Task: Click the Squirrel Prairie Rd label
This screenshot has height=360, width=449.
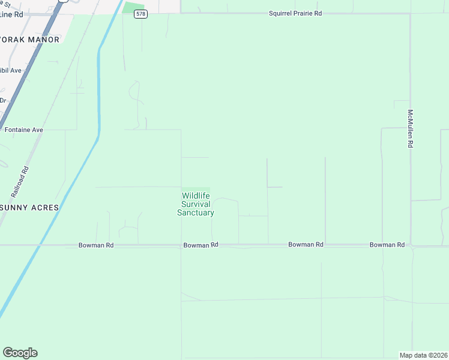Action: point(295,13)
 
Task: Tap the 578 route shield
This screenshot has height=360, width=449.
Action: point(140,14)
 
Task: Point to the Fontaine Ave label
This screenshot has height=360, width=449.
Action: point(23,130)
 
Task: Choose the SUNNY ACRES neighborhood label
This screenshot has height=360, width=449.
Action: point(30,208)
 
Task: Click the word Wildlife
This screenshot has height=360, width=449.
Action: point(196,196)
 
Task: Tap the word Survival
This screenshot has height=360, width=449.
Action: point(196,204)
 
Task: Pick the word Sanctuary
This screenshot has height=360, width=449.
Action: point(196,212)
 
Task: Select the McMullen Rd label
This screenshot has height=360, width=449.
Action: point(411,128)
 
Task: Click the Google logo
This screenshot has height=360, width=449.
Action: point(20,353)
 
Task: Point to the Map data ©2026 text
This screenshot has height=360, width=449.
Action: point(423,355)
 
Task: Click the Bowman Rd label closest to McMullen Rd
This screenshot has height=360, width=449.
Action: point(387,245)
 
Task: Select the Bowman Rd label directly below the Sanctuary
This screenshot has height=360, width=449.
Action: point(200,245)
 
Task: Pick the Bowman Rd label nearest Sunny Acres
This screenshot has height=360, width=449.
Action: point(96,245)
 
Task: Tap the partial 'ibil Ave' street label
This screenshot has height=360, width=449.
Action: point(11,70)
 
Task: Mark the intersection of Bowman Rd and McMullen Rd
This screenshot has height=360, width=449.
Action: point(411,245)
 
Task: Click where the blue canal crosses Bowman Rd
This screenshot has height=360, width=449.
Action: point(40,245)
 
